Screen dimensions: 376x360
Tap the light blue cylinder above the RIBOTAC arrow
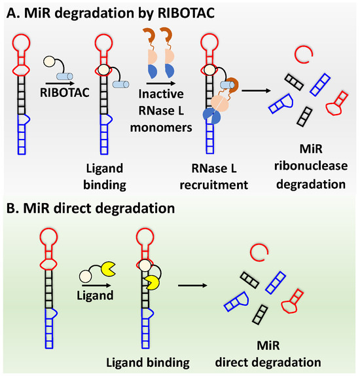click(67, 76)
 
